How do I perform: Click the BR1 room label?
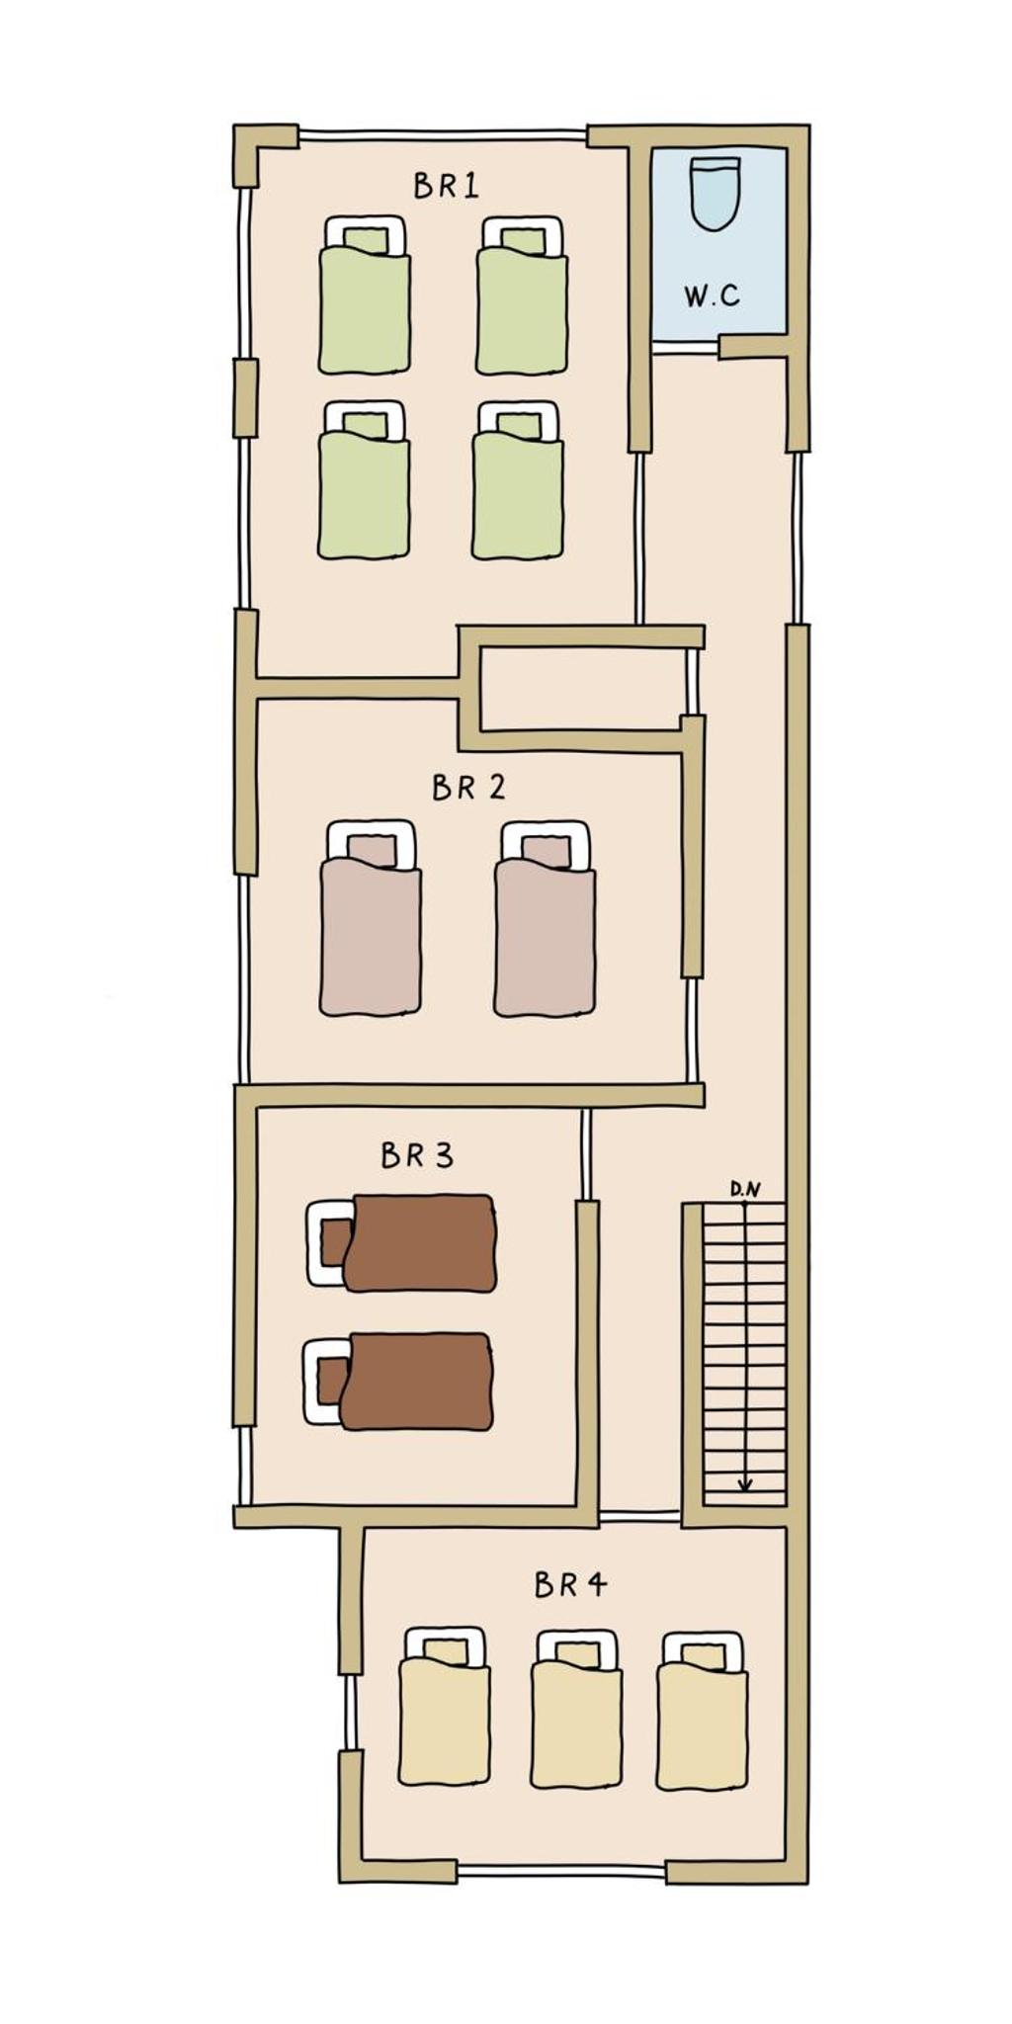tap(446, 186)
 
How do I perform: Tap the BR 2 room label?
tap(468, 788)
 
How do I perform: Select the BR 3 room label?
tap(417, 1155)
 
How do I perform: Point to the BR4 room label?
tap(570, 1585)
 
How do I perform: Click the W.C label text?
tap(712, 295)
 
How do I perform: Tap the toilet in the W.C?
tap(716, 193)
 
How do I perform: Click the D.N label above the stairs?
tap(745, 1190)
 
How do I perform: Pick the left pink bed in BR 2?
tap(371, 917)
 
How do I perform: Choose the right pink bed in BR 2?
tap(545, 918)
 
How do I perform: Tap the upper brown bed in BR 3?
tap(401, 1242)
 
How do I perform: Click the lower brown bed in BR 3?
tap(398, 1382)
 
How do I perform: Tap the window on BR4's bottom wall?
tap(561, 1870)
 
